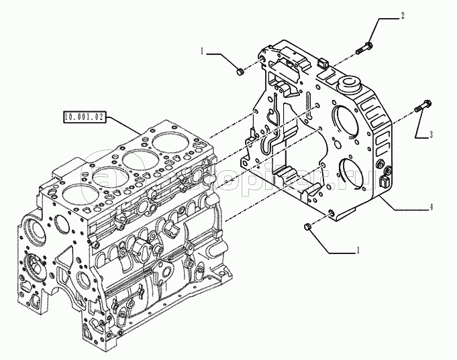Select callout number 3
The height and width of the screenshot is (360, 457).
(431, 134)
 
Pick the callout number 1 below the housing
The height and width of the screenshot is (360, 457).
(358, 250)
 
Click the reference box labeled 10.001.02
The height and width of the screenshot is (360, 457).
(84, 117)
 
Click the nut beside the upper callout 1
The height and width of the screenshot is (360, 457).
(240, 69)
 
